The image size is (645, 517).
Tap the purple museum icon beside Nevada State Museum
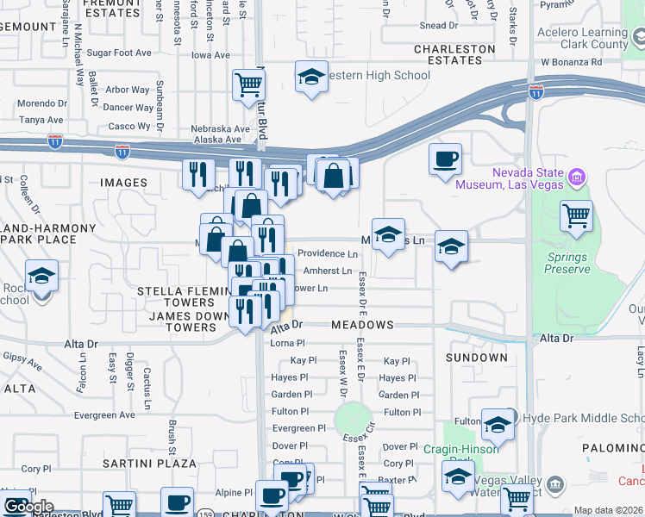pos(578,178)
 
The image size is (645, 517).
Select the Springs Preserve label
pos(567,263)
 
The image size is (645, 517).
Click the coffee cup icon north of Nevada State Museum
pos(445,159)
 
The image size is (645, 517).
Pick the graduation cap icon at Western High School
pos(311,78)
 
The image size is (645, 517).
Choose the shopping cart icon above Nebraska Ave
pos(248,85)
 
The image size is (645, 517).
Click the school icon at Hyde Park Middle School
pos(498,424)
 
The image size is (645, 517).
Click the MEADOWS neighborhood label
pos(363,326)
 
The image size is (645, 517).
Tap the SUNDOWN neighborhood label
pos(477,357)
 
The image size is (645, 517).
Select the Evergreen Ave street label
pos(104,414)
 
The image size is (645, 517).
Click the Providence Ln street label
pos(328,254)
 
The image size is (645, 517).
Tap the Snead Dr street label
pos(433,26)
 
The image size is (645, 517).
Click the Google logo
pos(28,507)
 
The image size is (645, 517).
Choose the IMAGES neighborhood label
pos(124,183)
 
